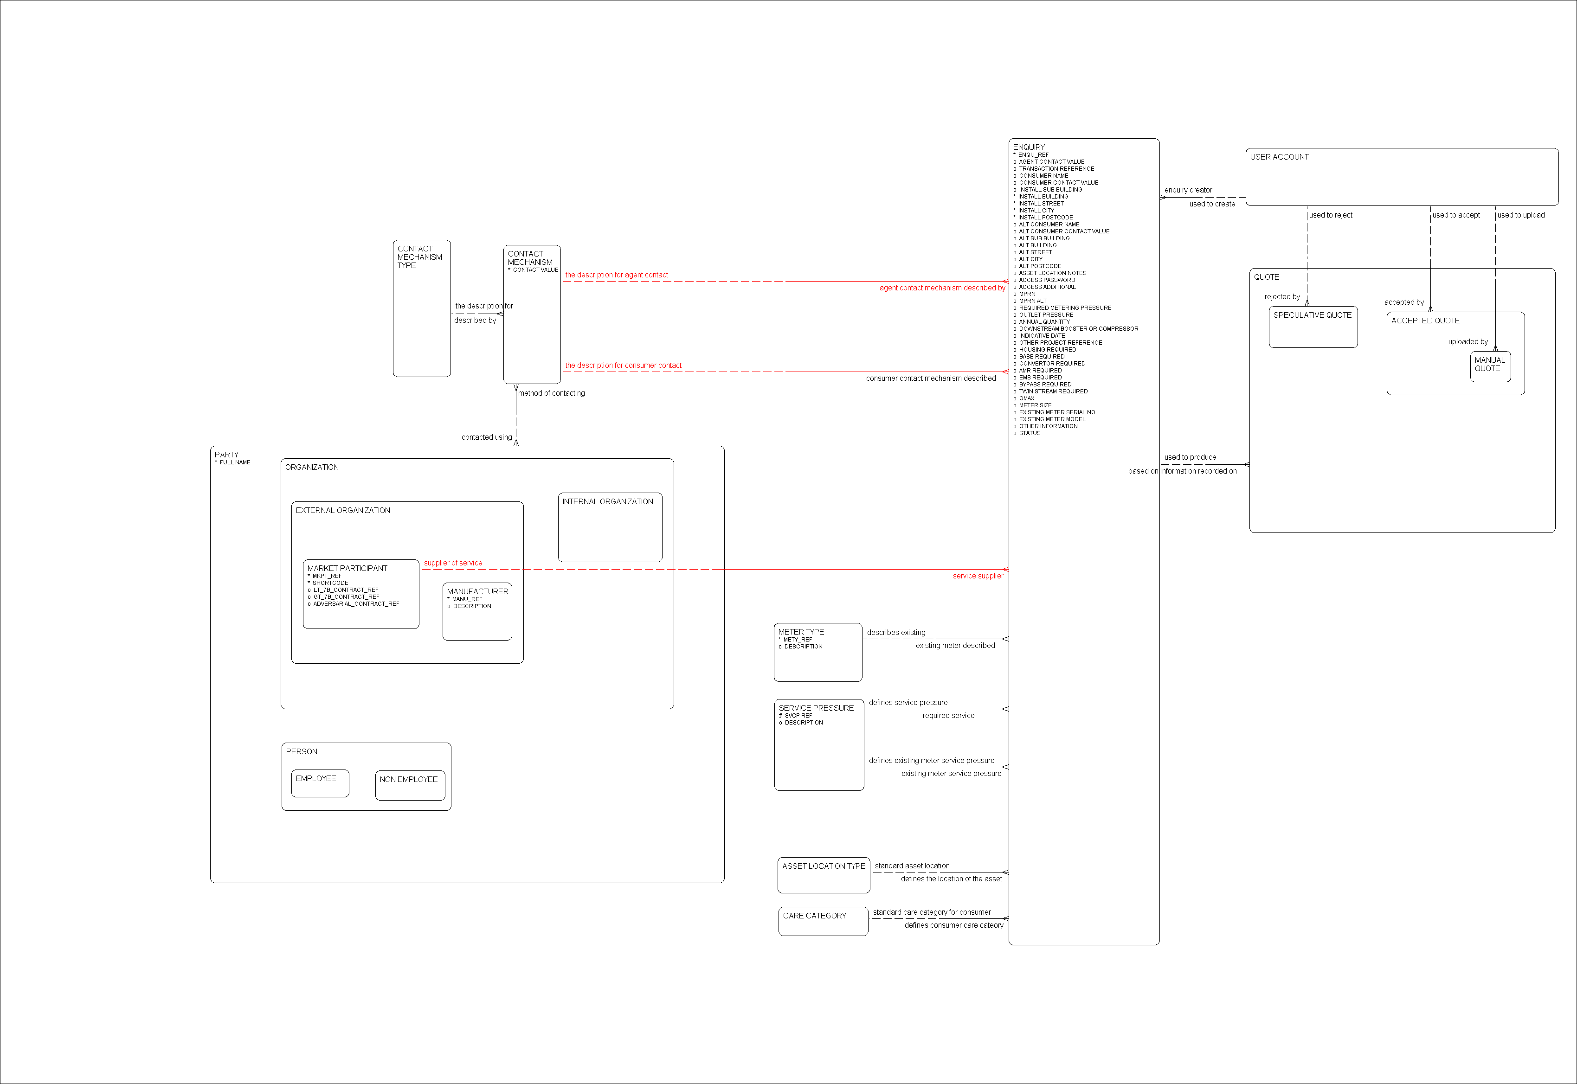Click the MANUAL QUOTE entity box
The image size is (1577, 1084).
tap(1490, 367)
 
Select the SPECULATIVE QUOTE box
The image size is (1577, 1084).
tap(1313, 327)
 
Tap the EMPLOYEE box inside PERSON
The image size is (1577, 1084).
tap(320, 783)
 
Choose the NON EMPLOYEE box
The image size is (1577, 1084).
tap(410, 785)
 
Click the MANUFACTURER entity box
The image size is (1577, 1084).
tap(477, 612)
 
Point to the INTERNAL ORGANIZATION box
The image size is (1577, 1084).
tap(610, 527)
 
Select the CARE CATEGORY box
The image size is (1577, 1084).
tap(823, 921)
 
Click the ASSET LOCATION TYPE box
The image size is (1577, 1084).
tap(824, 875)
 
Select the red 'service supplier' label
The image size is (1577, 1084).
tap(977, 576)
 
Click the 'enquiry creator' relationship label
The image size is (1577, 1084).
tap(1188, 190)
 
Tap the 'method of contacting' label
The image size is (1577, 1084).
tap(551, 393)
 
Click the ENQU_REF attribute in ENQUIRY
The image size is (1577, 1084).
tap(1033, 155)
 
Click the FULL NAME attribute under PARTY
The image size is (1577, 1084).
tap(234, 462)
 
